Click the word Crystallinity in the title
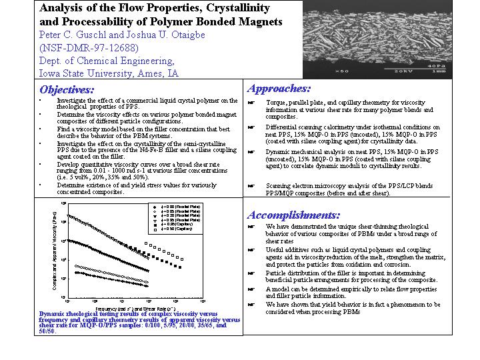230,8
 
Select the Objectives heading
67,89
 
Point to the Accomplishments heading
293,215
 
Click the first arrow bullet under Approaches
251,103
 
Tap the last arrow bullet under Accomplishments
251,305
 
